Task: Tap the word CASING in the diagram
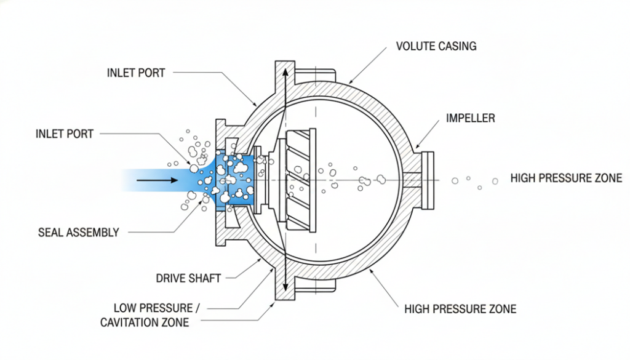(457, 46)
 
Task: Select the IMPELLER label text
(470, 118)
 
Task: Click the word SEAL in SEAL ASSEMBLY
(50, 233)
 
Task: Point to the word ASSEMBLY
(92, 233)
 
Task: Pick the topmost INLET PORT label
(136, 73)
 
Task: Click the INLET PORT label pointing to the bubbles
(65, 134)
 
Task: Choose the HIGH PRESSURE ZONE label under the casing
(460, 309)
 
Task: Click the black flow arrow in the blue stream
(156, 180)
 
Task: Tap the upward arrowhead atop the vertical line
(285, 71)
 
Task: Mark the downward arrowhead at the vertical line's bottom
(285, 288)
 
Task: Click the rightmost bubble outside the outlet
(495, 181)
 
